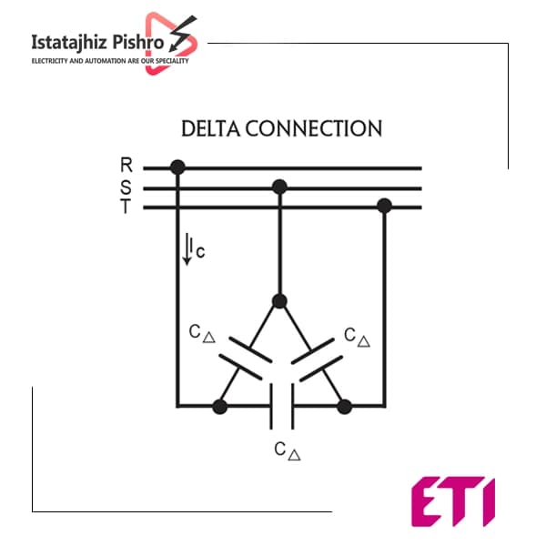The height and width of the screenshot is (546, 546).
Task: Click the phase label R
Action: [126, 165]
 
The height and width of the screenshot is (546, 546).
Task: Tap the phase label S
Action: [126, 187]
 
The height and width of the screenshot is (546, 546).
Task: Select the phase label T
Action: [126, 207]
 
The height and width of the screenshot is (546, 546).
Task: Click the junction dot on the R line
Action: [177, 167]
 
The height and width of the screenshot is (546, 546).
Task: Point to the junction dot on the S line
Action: [279, 187]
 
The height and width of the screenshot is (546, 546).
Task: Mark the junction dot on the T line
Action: [384, 206]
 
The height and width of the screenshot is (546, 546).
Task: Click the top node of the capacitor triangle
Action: [279, 301]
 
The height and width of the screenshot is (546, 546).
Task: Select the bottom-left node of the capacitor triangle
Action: [219, 407]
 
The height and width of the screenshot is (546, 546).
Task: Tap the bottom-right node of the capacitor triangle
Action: [344, 407]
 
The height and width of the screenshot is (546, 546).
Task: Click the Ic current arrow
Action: [187, 249]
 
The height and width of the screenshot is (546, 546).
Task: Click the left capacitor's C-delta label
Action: [202, 333]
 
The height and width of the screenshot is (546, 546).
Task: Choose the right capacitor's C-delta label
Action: [357, 337]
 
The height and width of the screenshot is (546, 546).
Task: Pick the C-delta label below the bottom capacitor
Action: [288, 451]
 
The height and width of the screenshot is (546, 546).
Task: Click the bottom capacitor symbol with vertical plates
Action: [282, 407]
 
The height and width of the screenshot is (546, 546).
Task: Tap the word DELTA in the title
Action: [211, 128]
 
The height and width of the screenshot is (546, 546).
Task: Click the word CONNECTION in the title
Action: [314, 128]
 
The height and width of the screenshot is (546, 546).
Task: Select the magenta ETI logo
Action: [453, 501]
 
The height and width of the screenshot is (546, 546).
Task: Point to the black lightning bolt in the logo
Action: [183, 33]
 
